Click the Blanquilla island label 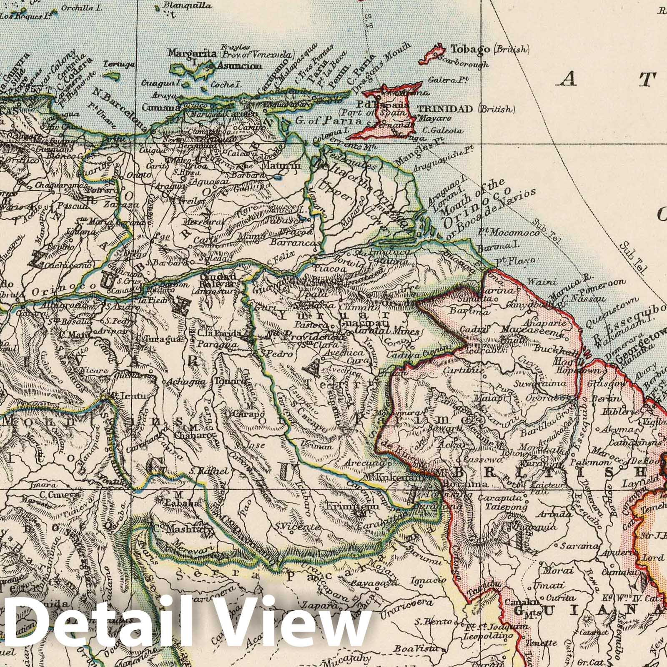[182, 6]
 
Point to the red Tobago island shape [434, 54]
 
